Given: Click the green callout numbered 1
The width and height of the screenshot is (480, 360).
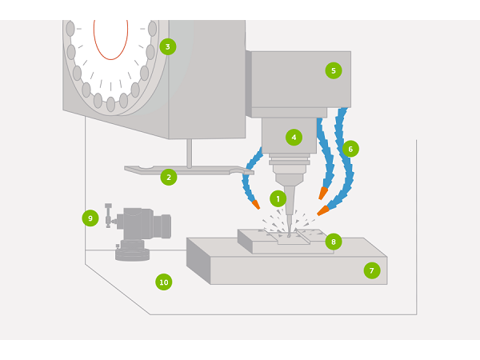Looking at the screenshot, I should point(278,198).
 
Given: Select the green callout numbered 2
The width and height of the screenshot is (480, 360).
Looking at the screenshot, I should point(168,177).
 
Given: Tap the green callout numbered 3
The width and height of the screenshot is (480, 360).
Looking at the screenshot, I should point(167,46).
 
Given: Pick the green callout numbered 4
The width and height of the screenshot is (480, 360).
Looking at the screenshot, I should point(294,137).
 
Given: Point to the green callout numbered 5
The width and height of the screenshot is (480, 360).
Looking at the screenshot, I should point(333,70).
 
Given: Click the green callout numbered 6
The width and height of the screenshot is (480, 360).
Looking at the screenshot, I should point(350,149).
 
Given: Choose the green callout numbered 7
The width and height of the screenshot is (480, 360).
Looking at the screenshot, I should point(371,270).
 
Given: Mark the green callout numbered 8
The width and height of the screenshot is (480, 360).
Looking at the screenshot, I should point(334,241).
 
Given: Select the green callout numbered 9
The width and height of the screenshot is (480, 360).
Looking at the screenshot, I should point(90,218).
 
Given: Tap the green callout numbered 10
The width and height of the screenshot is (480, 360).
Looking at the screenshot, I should point(163,282).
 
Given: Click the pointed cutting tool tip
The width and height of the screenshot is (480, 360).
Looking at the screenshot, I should point(289,232).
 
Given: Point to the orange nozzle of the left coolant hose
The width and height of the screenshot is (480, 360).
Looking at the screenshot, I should point(255,204).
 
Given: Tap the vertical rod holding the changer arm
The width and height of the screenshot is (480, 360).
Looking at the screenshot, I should point(189,152).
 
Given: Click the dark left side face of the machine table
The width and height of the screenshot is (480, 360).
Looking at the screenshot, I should point(198,261).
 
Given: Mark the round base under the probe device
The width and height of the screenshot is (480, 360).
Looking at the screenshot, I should point(132,254).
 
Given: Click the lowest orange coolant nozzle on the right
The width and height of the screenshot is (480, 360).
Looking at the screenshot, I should point(322,211).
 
